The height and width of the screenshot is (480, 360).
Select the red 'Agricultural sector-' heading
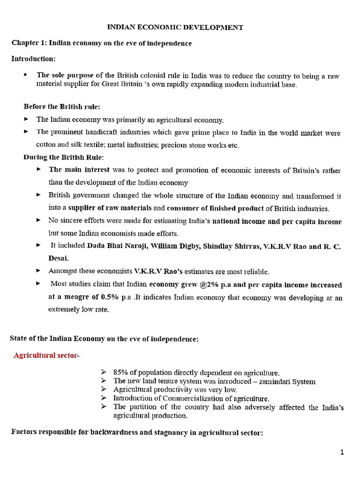(47, 356)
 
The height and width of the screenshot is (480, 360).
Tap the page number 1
(342, 452)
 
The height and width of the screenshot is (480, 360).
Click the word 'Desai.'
(60, 258)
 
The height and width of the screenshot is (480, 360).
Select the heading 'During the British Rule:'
(64, 157)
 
